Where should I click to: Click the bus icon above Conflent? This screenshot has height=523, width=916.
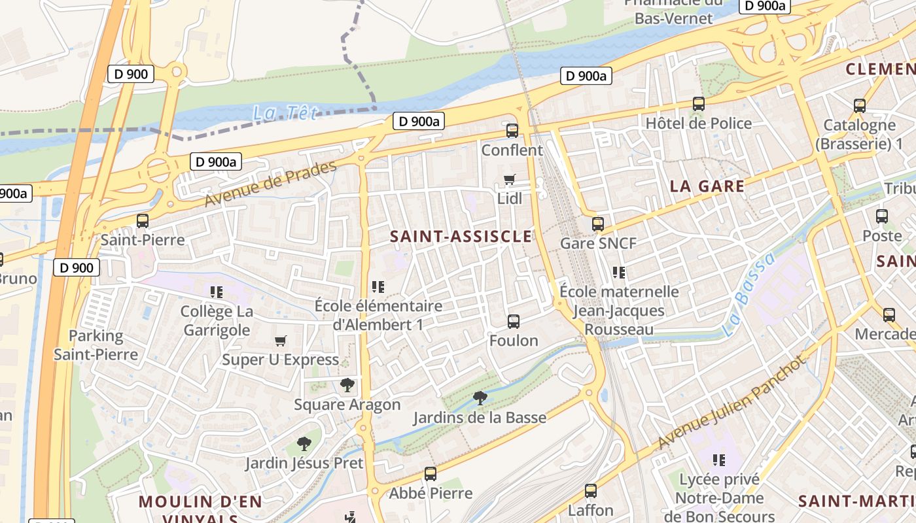pos(512,131)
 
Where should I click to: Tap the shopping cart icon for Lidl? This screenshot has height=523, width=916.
pos(509,179)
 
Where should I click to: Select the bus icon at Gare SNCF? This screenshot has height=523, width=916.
pos(598,224)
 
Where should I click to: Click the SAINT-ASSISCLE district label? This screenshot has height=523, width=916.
pos(461,237)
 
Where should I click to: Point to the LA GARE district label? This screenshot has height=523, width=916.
pos(707,186)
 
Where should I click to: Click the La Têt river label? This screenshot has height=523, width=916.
pos(285,113)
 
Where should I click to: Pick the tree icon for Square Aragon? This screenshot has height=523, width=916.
pos(347,385)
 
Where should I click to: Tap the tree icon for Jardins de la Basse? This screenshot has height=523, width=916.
pos(480,397)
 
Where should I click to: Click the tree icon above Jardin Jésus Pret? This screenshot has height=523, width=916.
pos(304,444)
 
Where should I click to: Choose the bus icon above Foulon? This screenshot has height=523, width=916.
pos(514,321)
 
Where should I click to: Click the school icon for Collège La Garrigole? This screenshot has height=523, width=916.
pos(216,292)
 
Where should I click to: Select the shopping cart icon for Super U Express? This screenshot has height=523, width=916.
pos(281,341)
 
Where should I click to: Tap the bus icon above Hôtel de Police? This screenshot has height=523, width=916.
pos(699,103)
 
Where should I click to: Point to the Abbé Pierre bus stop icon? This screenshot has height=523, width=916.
pos(431,473)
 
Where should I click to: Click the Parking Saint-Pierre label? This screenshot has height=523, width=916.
pos(96,345)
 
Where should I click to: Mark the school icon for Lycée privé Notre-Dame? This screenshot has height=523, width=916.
pos(719,460)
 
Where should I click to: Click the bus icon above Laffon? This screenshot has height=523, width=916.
pos(591,490)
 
